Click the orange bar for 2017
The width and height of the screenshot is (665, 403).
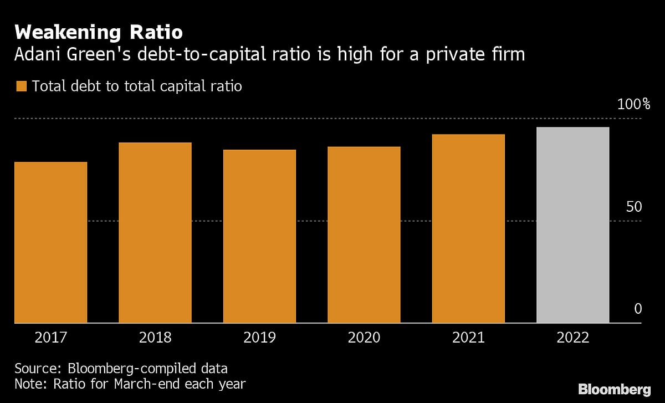click(x=50, y=242)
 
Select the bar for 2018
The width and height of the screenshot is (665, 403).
click(x=155, y=233)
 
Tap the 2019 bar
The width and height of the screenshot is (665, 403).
click(x=259, y=236)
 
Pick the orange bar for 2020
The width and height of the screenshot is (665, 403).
click(x=364, y=234)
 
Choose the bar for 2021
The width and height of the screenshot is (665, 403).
click(x=468, y=228)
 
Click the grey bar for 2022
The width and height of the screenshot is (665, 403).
click(x=572, y=225)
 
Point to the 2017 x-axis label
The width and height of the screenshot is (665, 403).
click(x=50, y=338)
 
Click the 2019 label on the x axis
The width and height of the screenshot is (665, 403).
click(x=259, y=338)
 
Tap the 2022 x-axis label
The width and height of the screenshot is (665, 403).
click(x=572, y=338)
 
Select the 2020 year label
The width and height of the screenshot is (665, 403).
click(x=364, y=338)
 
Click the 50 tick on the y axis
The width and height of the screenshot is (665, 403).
click(x=634, y=207)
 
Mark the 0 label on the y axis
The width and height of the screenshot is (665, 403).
click(x=638, y=309)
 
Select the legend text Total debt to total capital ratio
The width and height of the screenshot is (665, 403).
click(x=137, y=86)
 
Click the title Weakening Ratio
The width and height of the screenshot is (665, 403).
click(x=99, y=32)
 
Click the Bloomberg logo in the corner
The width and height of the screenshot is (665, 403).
click(x=614, y=389)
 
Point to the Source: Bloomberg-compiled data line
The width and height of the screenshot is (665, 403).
click(x=121, y=369)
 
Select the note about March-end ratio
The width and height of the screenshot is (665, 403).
click(x=130, y=384)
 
